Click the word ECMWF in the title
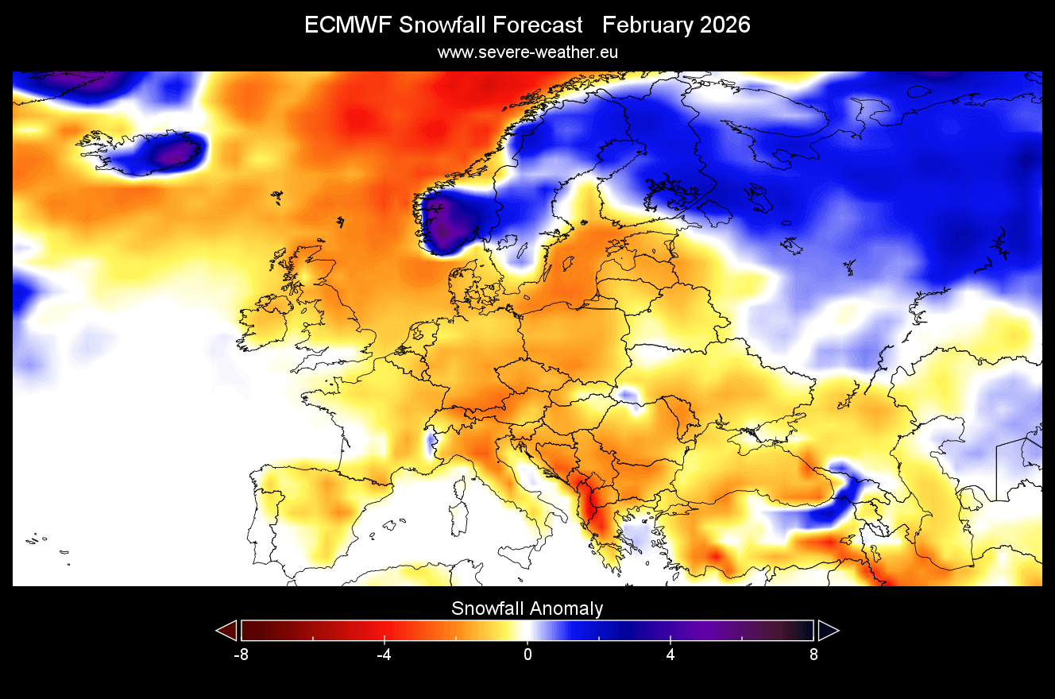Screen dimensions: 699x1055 [x=348, y=25]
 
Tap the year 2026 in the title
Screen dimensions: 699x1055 [x=725, y=25]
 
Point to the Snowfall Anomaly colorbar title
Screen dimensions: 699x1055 [x=527, y=609]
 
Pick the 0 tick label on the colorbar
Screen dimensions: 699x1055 [x=527, y=655]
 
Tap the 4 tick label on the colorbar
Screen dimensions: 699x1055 [x=670, y=655]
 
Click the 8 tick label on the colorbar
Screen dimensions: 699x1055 [x=813, y=655]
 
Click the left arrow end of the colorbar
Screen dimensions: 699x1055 [x=227, y=631]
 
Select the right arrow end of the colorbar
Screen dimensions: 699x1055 [x=828, y=631]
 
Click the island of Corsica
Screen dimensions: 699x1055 [x=460, y=485]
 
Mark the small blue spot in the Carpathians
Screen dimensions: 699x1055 [x=630, y=395]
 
